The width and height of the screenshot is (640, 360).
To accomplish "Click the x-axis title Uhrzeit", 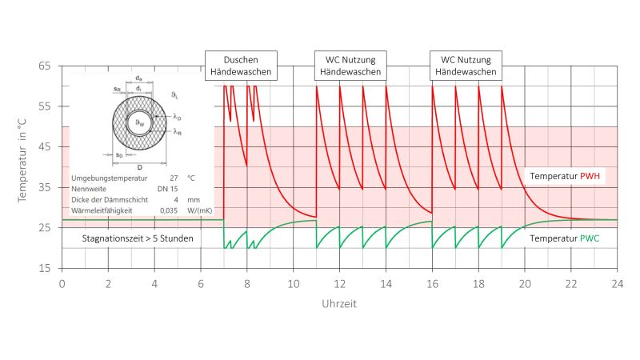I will [339, 304].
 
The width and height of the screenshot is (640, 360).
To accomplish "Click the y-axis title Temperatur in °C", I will [23, 166].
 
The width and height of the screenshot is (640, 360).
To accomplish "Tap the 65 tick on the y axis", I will [46, 66].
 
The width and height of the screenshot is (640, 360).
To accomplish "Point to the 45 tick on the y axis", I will [46, 147].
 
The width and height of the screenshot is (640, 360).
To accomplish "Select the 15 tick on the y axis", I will [46, 269].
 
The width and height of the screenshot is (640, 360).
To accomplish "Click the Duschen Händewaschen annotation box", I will [242, 66].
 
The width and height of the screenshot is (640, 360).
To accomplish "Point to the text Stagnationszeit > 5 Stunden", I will [138, 238].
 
